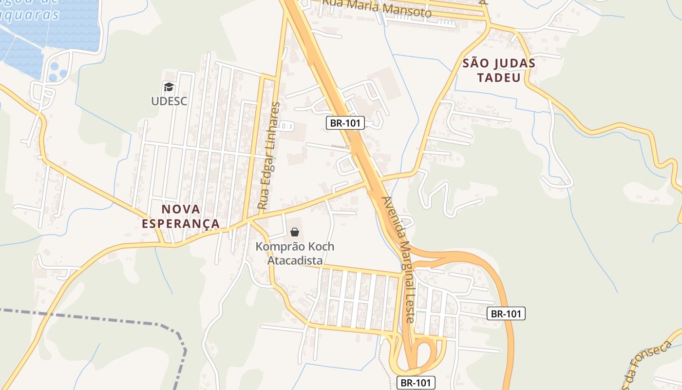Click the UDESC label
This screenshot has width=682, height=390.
[x=169, y=101]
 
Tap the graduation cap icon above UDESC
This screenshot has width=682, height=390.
[x=169, y=87]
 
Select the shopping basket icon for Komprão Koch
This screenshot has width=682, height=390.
[x=294, y=232]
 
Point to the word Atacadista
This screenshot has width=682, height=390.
[x=295, y=261]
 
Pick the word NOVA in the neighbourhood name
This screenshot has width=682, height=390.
[x=181, y=209]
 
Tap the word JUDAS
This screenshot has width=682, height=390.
[x=514, y=63]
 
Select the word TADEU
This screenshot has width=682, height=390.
[x=499, y=78]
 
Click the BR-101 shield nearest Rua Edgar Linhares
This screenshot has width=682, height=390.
[x=345, y=123]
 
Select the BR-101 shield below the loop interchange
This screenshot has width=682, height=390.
[x=415, y=383]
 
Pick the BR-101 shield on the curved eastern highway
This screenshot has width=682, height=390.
[x=506, y=314]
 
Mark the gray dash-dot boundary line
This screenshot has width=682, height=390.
[x=97, y=318]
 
